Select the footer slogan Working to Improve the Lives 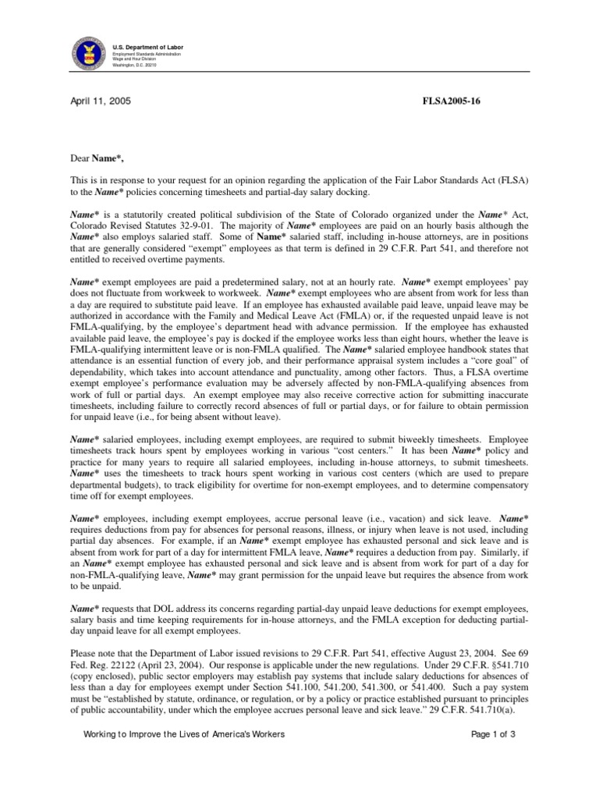coord(183,756)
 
